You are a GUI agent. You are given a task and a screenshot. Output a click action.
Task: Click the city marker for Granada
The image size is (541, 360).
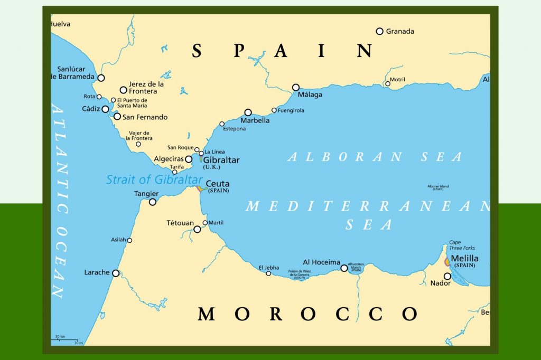click(379, 31)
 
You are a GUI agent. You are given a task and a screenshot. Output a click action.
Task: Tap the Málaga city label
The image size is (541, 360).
click(310, 95)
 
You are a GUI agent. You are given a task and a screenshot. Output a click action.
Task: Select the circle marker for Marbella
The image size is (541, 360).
click(248, 112)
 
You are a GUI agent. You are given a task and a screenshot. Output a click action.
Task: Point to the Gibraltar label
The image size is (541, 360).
click(221, 160)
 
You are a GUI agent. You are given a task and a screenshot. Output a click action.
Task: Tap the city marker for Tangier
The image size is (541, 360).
click(153, 202)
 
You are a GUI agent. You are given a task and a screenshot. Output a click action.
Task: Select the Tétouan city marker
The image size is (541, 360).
click(197, 229)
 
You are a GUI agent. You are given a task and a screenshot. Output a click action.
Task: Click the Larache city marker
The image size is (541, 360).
click(116, 273)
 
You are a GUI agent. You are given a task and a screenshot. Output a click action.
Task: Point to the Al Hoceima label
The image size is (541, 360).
click(321, 262)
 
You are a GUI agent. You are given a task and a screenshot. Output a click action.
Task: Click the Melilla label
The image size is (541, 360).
click(464, 258)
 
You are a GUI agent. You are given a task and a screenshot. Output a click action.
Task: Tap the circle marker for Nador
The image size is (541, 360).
click(447, 276)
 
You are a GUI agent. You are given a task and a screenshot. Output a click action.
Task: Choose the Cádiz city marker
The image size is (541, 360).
click(105, 109)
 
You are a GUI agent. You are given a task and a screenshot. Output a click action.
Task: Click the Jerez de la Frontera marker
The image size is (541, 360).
click(123, 90)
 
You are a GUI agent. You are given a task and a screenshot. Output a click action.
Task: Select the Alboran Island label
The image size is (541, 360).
click(438, 186)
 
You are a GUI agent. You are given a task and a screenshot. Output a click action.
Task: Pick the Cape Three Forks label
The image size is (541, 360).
click(462, 245)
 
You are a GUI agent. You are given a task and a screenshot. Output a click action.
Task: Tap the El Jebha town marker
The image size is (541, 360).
click(268, 273)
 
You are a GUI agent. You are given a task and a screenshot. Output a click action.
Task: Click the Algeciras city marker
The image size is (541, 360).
click(189, 159)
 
